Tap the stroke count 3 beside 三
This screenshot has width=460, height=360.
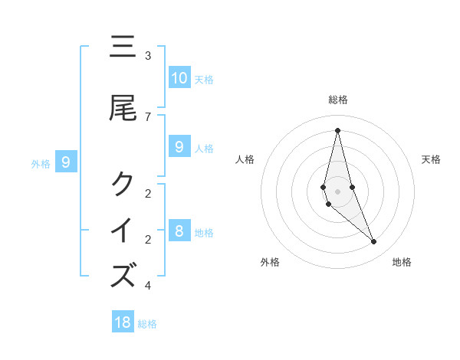tap(148, 56)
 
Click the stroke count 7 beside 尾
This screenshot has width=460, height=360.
tap(148, 116)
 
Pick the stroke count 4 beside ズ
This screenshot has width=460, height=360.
tap(148, 286)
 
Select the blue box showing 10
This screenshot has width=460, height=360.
tap(179, 78)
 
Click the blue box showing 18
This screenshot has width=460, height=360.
tap(123, 322)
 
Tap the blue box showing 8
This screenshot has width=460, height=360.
tap(179, 231)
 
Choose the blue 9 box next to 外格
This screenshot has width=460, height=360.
tap(66, 162)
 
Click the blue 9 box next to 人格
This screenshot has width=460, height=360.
tap(179, 147)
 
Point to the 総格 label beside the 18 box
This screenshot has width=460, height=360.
tap(147, 324)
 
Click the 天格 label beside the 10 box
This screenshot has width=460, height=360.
tap(204, 80)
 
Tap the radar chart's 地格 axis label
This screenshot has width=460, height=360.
tap(402, 262)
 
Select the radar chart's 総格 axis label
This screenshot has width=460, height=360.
tap(337, 100)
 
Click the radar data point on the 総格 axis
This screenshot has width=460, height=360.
tap(337, 129)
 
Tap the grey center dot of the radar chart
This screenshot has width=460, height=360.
tap(337, 191)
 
